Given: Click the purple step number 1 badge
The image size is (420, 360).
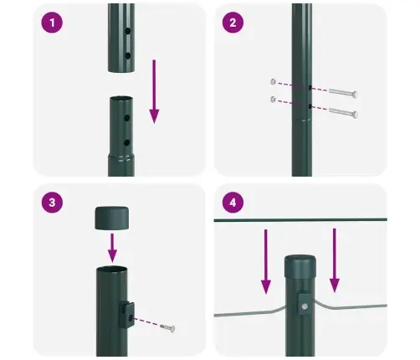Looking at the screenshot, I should click(54, 23).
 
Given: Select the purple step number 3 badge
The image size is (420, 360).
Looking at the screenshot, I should click(54, 203).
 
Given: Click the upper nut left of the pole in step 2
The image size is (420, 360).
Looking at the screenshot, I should click(274, 81).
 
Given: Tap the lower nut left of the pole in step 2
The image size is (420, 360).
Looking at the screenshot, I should click(274, 100).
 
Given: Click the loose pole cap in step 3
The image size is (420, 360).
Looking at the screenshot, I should click(111, 219).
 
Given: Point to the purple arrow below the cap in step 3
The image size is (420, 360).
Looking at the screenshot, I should click(112, 248).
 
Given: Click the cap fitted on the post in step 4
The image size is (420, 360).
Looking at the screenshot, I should click(302, 267).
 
